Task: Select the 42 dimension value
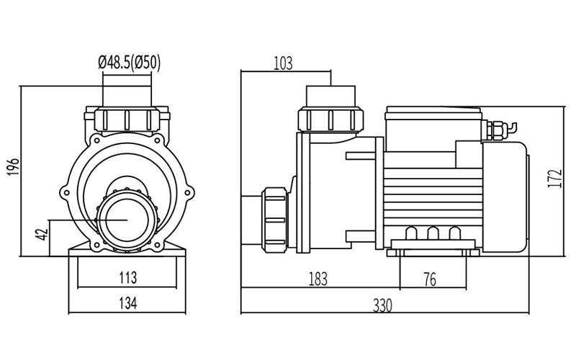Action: [x=42, y=235]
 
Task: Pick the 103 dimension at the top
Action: [x=284, y=63]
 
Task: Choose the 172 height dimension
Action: [x=554, y=178]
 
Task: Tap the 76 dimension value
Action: [x=429, y=279]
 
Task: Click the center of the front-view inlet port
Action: [x=127, y=218]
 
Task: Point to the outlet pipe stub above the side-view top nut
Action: [x=331, y=96]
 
